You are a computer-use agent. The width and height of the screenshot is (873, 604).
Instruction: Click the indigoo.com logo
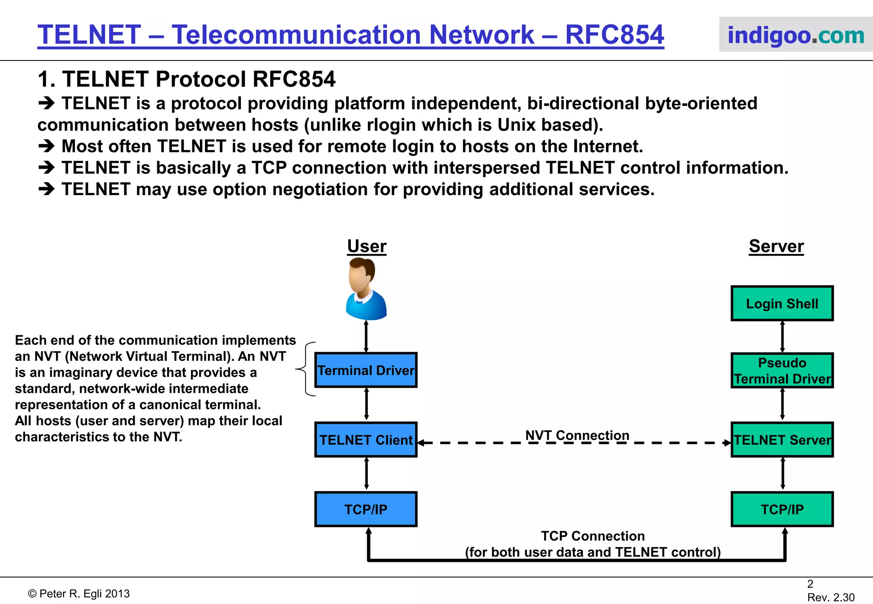795,35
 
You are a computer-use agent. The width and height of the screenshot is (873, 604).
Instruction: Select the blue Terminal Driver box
366,370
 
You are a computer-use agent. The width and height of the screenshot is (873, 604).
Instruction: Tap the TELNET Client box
366,440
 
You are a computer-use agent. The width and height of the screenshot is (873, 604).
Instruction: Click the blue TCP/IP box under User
366,509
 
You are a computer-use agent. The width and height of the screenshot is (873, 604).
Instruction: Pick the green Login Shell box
782,303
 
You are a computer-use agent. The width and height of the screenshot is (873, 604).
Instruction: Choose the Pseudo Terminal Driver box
782,370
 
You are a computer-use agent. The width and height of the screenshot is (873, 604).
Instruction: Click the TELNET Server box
782,440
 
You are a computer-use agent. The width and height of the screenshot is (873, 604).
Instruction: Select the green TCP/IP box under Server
782,509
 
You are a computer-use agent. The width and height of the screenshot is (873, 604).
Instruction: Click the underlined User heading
367,246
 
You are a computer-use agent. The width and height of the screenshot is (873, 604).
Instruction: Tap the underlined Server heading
776,246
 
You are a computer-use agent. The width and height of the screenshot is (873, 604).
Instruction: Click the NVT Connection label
577,435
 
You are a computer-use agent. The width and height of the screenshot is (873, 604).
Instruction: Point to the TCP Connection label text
593,536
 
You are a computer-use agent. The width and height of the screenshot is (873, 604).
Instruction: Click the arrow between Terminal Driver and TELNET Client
366,404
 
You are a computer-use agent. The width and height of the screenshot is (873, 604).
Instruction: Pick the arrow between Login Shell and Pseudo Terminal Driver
782,337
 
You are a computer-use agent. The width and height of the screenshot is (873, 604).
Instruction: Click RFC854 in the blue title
614,35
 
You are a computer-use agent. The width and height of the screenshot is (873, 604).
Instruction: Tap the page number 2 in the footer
810,584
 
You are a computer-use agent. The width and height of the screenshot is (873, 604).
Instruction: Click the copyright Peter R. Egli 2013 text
79,594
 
